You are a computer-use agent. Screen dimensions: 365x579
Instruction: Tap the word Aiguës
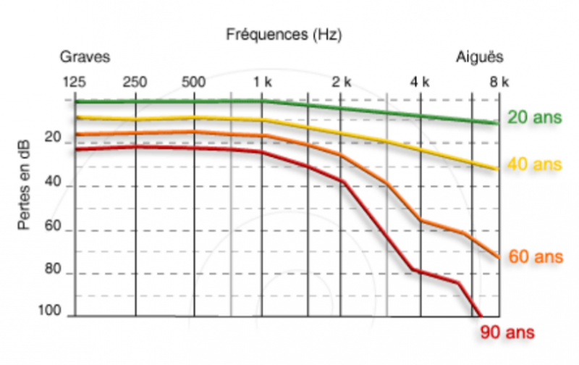pyautogui.click(x=480, y=56)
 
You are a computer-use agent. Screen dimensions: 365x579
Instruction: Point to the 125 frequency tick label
pyautogui.click(x=75, y=81)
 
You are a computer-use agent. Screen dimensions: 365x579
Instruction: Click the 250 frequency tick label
pyautogui.click(x=135, y=81)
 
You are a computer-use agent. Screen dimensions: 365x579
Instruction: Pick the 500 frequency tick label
pyautogui.click(x=193, y=81)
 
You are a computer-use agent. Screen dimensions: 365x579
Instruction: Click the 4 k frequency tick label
pyautogui.click(x=420, y=81)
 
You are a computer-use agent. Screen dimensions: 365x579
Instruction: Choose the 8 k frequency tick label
pyautogui.click(x=499, y=81)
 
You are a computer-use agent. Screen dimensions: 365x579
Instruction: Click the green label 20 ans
pyautogui.click(x=534, y=117)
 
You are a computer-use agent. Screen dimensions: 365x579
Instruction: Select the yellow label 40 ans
pyautogui.click(x=534, y=164)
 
